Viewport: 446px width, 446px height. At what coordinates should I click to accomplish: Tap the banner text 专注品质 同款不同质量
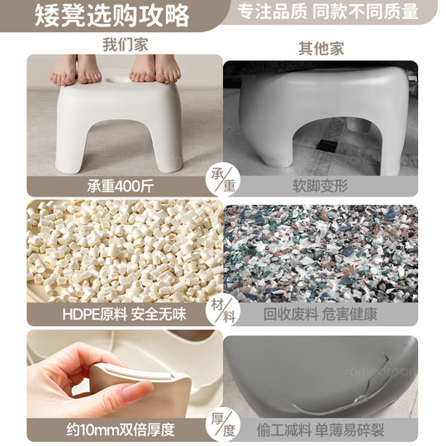point(328,12)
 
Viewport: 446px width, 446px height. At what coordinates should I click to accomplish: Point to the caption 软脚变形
point(320,185)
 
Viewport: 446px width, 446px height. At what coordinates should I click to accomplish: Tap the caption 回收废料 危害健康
point(320,314)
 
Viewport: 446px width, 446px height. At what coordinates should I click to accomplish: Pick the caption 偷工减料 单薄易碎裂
point(320,429)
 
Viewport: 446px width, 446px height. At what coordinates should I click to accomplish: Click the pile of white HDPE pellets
point(124,248)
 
